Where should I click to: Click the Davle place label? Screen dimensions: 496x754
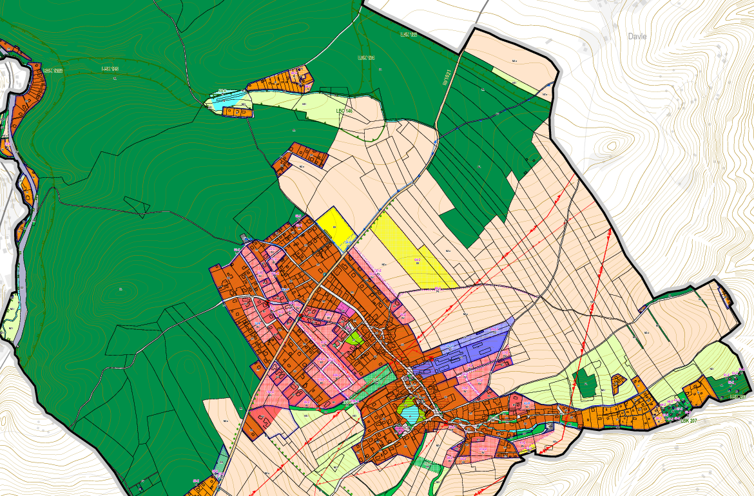click(x=637, y=37)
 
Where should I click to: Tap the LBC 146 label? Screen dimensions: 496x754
click(x=344, y=111)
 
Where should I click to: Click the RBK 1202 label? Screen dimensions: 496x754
click(x=53, y=70)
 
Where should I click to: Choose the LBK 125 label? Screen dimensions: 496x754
click(x=111, y=68)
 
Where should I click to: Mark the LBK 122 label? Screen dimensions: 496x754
click(x=408, y=34)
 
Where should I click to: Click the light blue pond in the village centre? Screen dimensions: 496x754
click(x=407, y=409)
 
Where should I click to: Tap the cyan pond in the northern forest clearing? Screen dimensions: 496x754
click(x=227, y=100)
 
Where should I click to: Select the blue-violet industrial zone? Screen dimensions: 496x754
click(x=461, y=351)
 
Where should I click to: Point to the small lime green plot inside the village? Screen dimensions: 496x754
click(x=353, y=337)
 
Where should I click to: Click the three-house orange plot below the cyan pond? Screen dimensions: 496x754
click(x=237, y=112)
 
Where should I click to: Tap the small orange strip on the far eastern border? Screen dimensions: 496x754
click(x=726, y=297)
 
